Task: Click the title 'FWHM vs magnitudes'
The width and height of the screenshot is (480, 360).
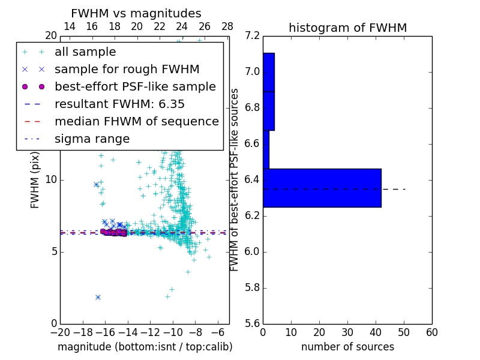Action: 136,13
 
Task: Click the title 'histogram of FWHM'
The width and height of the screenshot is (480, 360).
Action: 347,28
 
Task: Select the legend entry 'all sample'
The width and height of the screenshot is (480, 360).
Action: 85,52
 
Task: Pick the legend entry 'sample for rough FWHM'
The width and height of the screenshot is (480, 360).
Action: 127,70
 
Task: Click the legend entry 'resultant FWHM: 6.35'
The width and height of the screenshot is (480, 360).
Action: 119,104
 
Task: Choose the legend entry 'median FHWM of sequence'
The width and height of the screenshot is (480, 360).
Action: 136,122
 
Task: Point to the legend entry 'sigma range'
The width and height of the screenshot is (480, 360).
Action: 92,139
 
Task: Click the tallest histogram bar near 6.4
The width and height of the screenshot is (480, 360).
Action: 322,188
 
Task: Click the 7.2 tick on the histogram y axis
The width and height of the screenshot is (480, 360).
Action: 253,36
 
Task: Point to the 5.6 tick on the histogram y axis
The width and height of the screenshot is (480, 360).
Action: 253,323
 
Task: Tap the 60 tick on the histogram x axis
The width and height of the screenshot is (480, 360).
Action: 431,332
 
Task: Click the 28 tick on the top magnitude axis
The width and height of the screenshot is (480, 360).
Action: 227,26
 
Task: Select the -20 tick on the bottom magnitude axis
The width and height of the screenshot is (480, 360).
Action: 60,332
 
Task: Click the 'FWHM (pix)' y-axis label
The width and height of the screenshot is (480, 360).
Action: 35,180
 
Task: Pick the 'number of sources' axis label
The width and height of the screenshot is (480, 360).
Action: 347,347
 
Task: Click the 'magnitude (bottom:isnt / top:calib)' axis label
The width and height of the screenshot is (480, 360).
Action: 145,347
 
